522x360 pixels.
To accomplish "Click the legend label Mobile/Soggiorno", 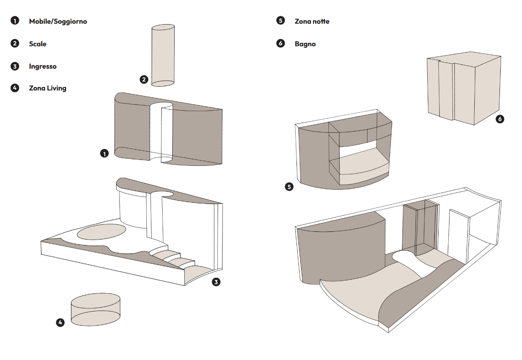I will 58,21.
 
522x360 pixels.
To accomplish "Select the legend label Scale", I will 38,44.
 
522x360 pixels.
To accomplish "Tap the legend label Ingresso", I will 43,66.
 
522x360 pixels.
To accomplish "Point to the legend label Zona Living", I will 48,88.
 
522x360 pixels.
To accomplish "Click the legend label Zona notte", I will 312,21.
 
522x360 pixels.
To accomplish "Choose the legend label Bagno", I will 305,44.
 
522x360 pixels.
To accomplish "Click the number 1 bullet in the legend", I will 15,21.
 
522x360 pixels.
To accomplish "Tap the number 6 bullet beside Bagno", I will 281,43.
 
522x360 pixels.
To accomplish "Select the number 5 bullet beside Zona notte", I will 281,21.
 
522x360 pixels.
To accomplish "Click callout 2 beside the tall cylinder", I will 144,80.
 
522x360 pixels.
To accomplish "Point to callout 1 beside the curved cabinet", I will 104,153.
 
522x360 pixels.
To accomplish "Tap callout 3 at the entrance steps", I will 216,282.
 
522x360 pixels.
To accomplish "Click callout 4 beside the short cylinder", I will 60,322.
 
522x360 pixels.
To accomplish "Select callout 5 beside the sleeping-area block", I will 289,187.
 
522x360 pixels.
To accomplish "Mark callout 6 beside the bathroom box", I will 500,119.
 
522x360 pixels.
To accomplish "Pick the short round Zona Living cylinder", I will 95,310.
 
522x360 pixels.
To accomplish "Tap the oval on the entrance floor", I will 102,232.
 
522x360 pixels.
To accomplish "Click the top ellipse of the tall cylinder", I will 163,28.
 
